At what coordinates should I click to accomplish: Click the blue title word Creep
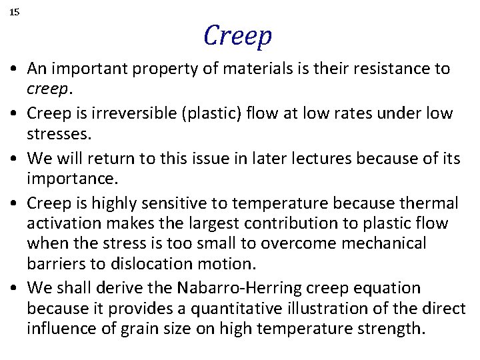pyautogui.click(x=238, y=36)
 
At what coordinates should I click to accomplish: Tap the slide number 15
pyautogui.click(x=15, y=12)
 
